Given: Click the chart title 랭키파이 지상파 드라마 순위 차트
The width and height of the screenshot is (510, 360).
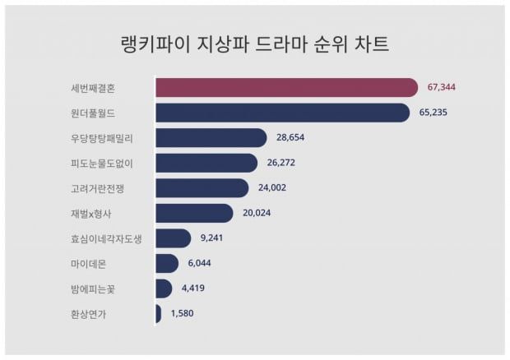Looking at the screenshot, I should click(x=254, y=43).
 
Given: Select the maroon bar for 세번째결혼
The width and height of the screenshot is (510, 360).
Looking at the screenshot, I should click(x=286, y=87).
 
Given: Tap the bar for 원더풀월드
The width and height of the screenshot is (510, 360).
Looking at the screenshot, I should click(x=282, y=113).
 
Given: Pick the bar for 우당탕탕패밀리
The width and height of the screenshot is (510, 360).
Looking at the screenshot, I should click(x=211, y=138).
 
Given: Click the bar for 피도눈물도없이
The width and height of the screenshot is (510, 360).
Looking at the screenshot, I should click(x=206, y=163).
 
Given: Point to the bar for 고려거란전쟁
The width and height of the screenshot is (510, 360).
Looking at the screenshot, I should click(x=202, y=188).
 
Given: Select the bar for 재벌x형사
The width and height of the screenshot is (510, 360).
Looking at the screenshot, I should click(x=194, y=213).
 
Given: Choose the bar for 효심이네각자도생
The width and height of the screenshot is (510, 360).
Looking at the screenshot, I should click(x=173, y=238).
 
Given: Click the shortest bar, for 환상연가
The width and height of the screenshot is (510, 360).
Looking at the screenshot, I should click(x=158, y=313).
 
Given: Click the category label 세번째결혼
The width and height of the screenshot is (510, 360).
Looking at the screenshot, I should click(x=93, y=87).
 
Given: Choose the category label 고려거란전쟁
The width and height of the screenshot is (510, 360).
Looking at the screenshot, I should click(x=98, y=188).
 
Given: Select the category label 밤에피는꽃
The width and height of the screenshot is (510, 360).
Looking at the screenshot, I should click(x=93, y=288).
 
